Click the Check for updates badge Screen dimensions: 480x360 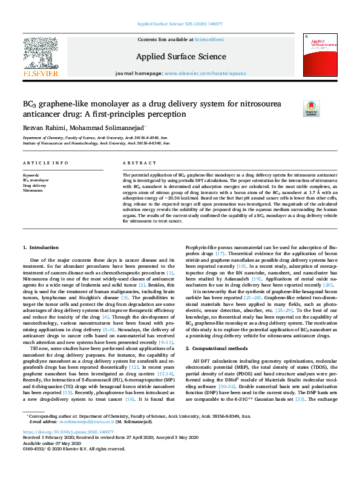click(x=311, y=109)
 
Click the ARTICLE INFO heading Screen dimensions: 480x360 click(x=45, y=163)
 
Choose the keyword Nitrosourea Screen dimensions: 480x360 click(x=33, y=190)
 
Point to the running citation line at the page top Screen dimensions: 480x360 click(x=180, y=24)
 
